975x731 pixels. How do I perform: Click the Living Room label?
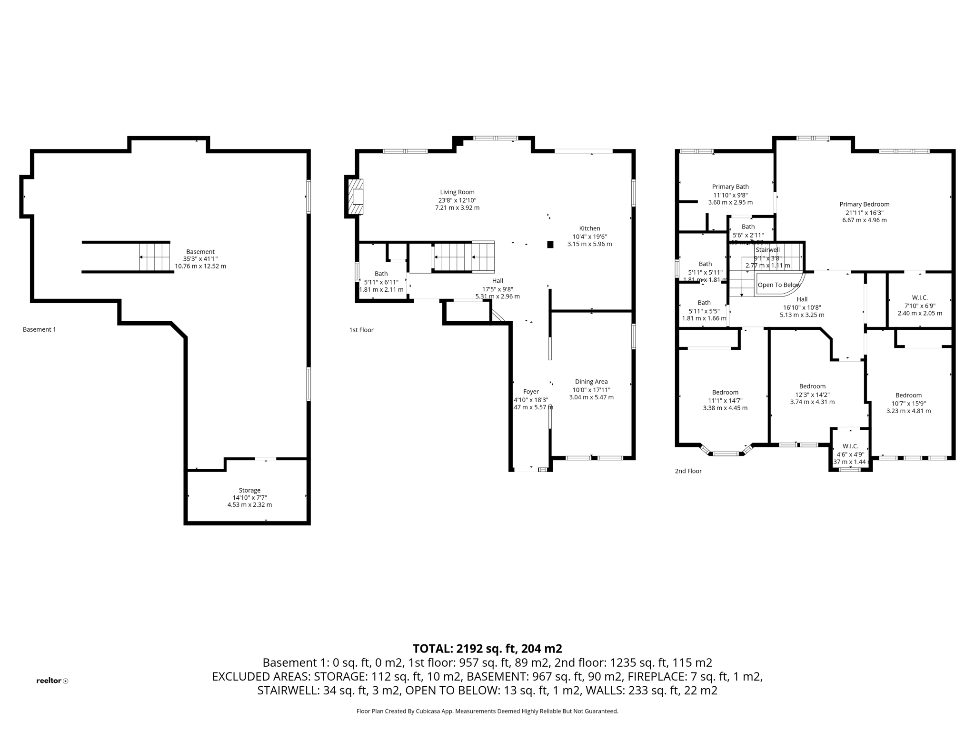(x=457, y=192)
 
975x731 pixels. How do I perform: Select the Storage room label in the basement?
(x=249, y=490)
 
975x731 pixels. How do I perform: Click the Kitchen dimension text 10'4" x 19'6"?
(x=589, y=237)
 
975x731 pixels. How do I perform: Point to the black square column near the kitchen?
(x=550, y=245)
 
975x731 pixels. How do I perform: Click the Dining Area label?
(x=591, y=382)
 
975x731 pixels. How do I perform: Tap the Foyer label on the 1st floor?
(x=531, y=392)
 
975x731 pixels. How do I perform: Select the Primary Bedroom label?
(x=864, y=204)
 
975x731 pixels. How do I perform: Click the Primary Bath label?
(x=730, y=187)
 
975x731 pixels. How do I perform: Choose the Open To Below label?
(x=779, y=285)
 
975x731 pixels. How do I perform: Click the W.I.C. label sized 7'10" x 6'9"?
(x=920, y=297)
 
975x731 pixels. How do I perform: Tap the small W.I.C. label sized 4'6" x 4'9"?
(x=850, y=446)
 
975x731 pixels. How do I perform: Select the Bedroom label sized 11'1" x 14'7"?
(x=725, y=393)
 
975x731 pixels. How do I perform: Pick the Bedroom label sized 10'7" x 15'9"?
(x=908, y=395)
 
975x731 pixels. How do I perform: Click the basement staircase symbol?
(x=154, y=257)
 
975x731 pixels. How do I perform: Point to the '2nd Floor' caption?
(x=688, y=471)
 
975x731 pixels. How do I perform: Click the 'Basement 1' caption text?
(x=40, y=329)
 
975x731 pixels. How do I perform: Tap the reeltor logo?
(x=52, y=681)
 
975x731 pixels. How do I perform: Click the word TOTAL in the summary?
(x=432, y=649)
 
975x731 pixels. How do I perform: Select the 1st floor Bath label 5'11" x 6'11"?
(x=381, y=274)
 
